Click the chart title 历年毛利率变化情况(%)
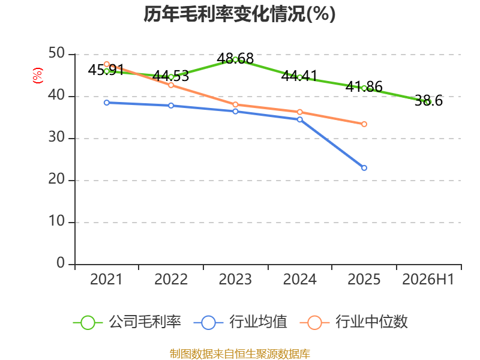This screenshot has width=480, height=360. (x=239, y=14)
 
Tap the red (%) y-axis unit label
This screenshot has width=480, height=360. (x=38, y=76)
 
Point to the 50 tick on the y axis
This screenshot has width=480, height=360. (x=56, y=53)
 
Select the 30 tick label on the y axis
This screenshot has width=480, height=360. (x=56, y=137)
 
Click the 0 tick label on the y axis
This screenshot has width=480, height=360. (x=61, y=263)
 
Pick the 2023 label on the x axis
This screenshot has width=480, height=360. (x=235, y=279)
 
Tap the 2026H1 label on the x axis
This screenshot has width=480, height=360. (x=428, y=279)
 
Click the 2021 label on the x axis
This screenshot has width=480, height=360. (x=106, y=279)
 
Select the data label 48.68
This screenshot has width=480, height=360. (x=235, y=58)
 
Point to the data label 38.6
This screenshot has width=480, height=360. (x=428, y=101)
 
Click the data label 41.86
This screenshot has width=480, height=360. (x=364, y=86)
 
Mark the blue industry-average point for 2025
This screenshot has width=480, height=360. (x=364, y=168)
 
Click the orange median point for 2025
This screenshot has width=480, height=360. (x=364, y=124)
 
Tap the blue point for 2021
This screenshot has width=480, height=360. (x=107, y=103)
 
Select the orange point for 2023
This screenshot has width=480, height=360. (x=235, y=104)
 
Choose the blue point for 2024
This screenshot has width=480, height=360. (x=299, y=119)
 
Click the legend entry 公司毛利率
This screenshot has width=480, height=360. (x=127, y=322)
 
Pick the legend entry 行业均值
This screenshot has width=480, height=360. (x=241, y=322)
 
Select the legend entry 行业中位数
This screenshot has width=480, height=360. (x=354, y=322)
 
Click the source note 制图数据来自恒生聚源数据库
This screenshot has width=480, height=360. (x=240, y=354)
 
